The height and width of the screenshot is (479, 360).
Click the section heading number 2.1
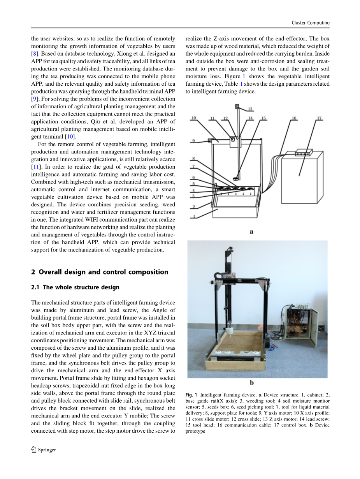pos(36,287)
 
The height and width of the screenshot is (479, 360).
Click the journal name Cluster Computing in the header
pos(310,23)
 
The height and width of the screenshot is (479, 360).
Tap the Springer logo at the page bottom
pos(34,450)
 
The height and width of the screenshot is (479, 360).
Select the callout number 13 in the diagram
pos(250,109)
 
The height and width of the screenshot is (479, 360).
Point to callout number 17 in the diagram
pos(319,118)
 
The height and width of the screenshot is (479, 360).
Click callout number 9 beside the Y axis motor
pos(193,141)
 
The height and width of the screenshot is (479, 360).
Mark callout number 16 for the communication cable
pos(294,118)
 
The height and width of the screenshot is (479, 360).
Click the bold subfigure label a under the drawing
pos(251,232)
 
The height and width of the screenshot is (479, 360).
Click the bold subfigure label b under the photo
pos(252,383)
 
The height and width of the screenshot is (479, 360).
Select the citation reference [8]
pos(34,53)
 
